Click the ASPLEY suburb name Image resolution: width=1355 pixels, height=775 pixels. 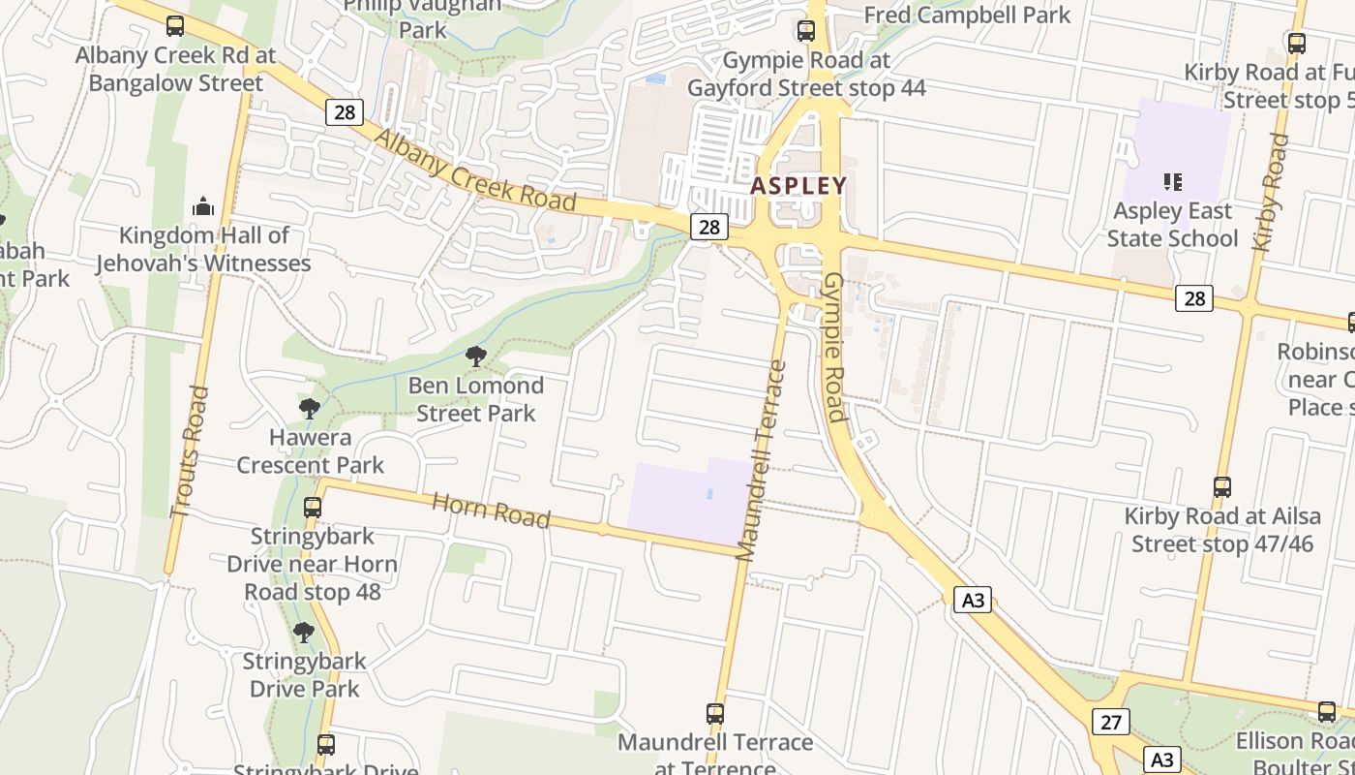798,185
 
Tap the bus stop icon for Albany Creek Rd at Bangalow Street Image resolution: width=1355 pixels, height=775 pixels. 175,26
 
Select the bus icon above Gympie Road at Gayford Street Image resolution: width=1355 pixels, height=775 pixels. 806,31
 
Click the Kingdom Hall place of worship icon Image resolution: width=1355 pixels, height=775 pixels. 203,205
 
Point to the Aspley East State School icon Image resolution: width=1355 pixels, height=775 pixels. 1173,181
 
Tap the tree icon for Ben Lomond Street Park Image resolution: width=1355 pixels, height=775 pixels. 475,356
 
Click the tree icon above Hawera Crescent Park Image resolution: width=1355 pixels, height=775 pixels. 310,408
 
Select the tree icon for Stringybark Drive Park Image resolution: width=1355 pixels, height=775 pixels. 304,633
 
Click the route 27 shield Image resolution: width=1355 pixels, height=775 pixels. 1111,722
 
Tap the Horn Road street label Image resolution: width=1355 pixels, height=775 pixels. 491,510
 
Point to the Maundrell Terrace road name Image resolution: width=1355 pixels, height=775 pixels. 760,461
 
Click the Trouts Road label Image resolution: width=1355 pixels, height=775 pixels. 189,451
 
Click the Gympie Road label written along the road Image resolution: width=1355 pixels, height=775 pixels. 833,347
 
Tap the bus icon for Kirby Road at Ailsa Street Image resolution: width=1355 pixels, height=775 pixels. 1222,487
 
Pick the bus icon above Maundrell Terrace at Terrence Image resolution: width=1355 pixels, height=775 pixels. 715,714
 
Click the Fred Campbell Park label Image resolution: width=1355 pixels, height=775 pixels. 967,15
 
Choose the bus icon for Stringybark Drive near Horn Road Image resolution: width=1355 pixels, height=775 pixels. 313,507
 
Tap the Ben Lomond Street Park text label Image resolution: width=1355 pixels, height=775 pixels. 475,399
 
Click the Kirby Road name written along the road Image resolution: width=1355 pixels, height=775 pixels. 1271,192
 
